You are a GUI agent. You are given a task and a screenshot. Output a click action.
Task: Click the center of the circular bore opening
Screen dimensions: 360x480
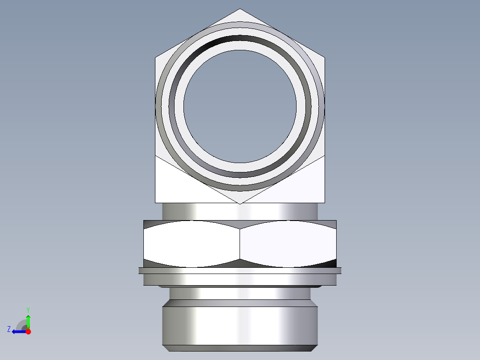pos(240,106)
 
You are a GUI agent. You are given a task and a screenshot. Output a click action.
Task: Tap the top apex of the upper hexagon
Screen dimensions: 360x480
pos(240,9)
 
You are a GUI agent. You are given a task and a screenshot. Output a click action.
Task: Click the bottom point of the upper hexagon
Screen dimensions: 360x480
pos(240,203)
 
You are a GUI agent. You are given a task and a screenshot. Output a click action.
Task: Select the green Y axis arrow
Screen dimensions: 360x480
pos(28,320)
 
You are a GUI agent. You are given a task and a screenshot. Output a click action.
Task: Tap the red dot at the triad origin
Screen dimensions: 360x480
pos(28,331)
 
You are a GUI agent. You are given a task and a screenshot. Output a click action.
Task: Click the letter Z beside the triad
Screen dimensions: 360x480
pos(9,329)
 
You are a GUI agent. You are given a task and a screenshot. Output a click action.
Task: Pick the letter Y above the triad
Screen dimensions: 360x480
pos(28,309)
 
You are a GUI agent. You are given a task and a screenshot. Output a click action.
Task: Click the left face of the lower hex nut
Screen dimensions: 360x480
pos(191,243)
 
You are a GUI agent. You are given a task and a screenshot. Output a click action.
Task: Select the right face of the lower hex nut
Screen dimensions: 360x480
pos(288,243)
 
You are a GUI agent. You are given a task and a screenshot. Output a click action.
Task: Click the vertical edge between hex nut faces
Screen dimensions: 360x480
pos(240,243)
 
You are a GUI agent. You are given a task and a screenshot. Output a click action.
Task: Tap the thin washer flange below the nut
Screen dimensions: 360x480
pos(240,270)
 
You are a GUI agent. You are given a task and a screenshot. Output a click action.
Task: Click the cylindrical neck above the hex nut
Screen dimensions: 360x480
pos(240,212)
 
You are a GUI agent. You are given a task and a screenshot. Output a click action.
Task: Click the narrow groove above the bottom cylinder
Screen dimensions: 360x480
pos(240,293)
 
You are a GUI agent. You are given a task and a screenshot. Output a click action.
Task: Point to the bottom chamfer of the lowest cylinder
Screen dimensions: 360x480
pos(240,348)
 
